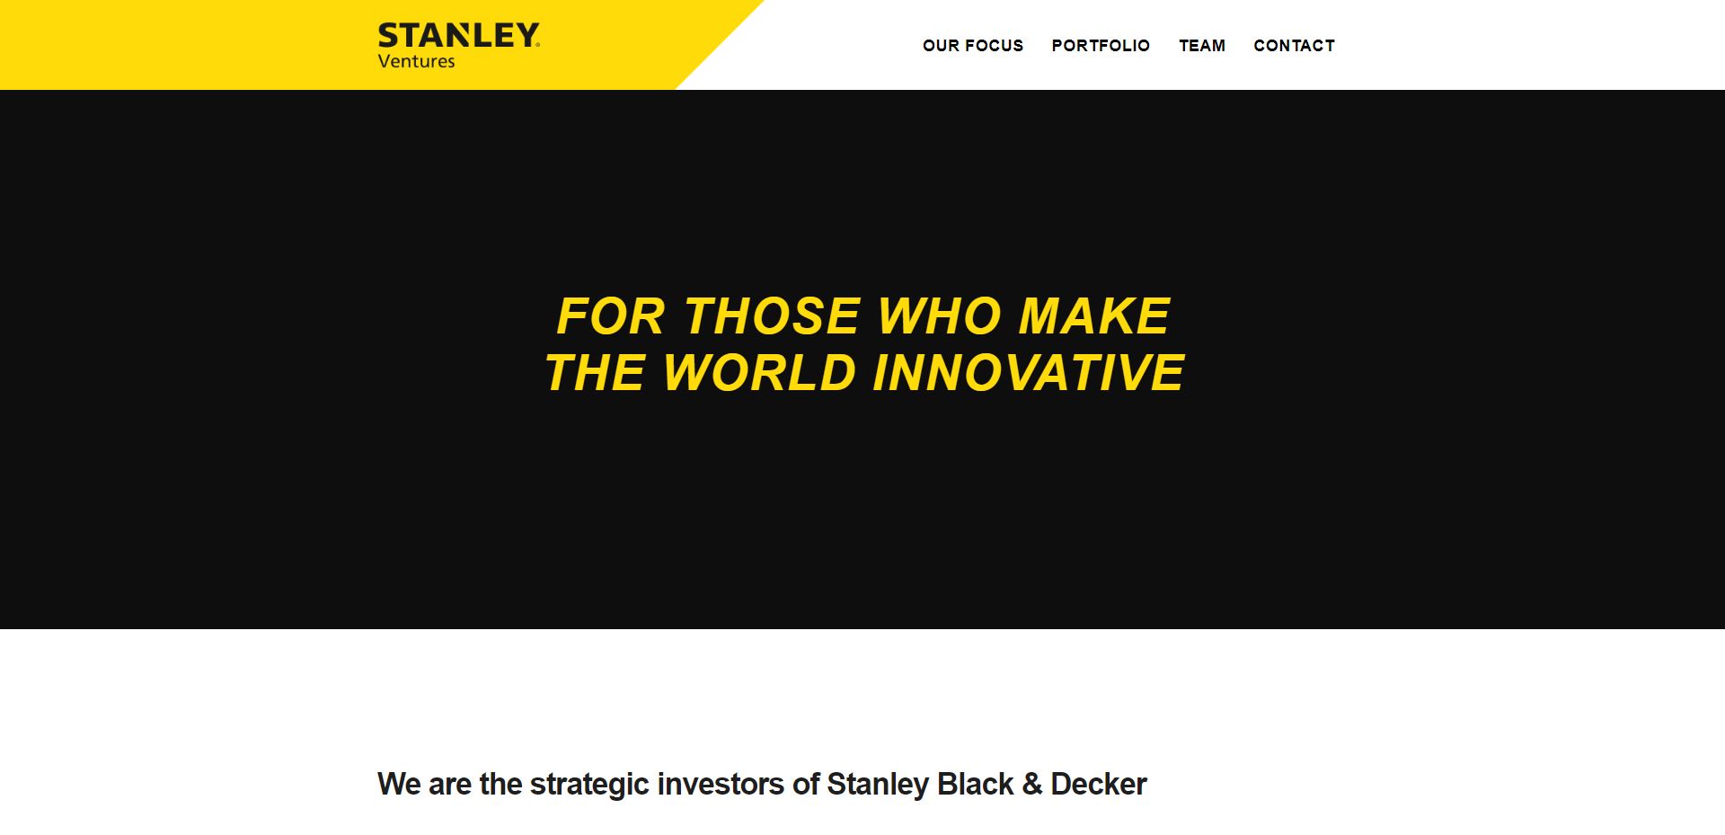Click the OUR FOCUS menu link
tap(973, 46)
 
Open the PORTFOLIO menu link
tap(1101, 46)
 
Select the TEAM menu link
tap(1202, 46)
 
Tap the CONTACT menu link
tap(1294, 46)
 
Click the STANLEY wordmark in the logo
tap(459, 36)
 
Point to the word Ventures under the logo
tap(417, 62)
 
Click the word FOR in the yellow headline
tap(611, 316)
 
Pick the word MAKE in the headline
tap(1094, 316)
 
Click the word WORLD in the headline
tap(760, 373)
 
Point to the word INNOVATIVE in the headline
tap(1029, 373)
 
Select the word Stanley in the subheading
tap(878, 785)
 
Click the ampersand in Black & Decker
tap(1032, 785)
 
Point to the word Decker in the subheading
tap(1099, 785)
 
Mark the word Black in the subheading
tap(976, 785)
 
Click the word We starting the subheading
tap(399, 785)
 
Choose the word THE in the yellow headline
tap(595, 373)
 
